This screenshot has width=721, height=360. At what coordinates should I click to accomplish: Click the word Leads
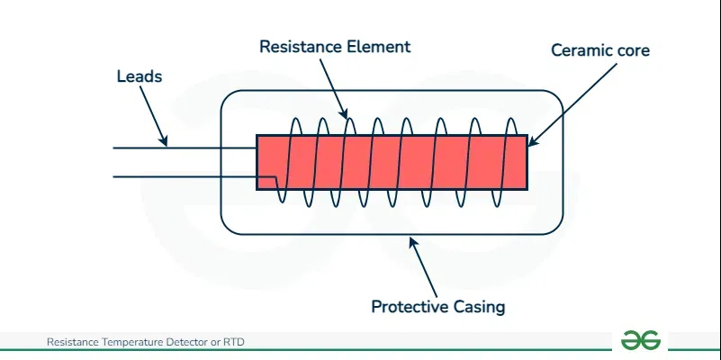pyautogui.click(x=140, y=76)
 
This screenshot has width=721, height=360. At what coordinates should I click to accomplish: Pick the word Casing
pyautogui.click(x=479, y=307)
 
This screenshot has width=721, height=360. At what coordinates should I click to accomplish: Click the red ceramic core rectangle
pyautogui.click(x=392, y=162)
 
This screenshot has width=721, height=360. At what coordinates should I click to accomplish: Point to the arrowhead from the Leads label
pyautogui.click(x=165, y=141)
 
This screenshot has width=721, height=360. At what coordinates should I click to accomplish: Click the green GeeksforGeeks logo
pyautogui.click(x=641, y=340)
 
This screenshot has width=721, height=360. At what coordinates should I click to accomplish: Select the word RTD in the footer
pyautogui.click(x=234, y=342)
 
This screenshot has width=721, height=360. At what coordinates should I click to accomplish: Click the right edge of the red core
pyautogui.click(x=527, y=162)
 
